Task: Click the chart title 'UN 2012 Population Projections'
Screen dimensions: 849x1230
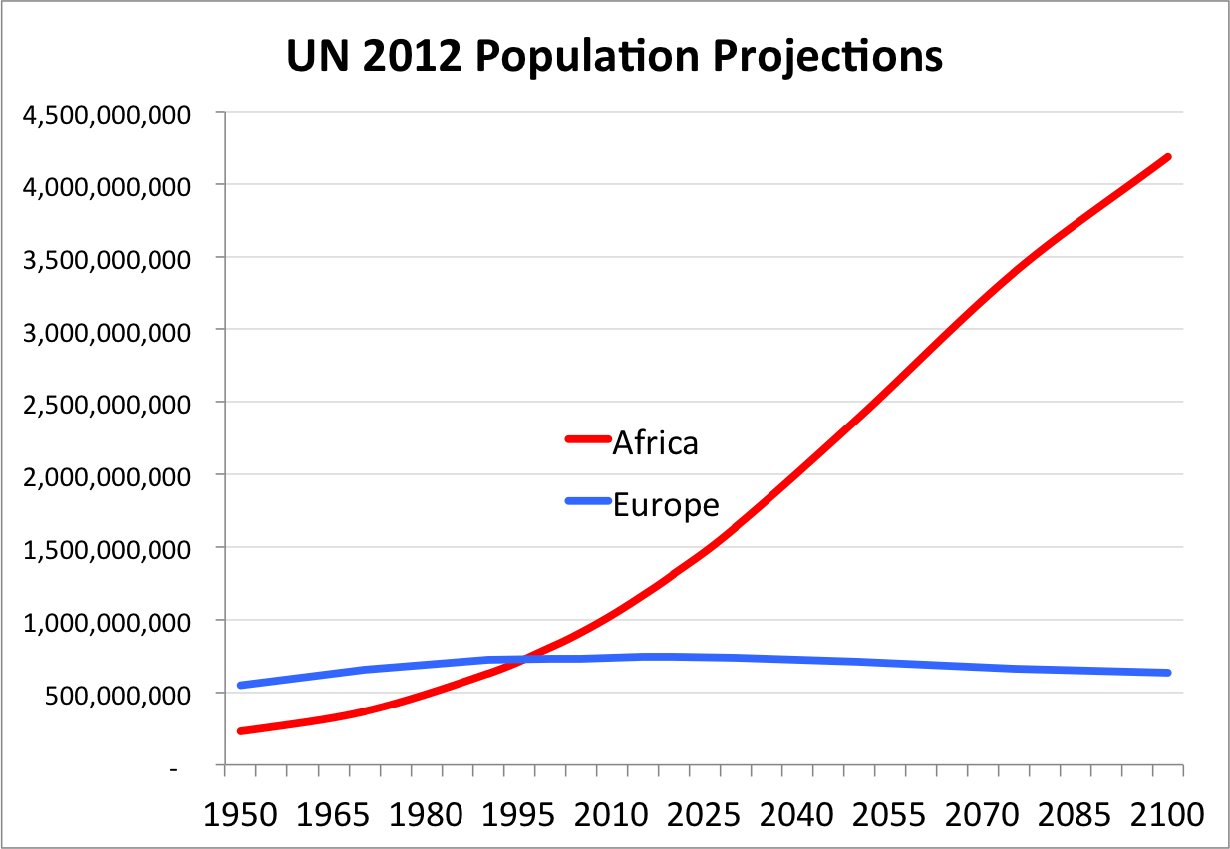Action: tap(614, 56)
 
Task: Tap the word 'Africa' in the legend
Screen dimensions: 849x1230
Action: tap(655, 441)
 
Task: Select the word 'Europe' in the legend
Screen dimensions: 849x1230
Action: tap(665, 504)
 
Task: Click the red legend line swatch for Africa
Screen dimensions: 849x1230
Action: tap(587, 439)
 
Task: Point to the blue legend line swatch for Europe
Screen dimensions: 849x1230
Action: tap(587, 501)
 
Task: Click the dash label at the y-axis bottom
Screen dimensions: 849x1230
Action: tap(174, 767)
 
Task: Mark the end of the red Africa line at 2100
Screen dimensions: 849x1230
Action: tap(1167, 157)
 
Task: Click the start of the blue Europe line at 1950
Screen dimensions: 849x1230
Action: tap(241, 686)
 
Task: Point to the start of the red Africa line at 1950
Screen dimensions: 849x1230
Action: tap(241, 731)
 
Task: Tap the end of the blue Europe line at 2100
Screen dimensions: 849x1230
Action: tap(1167, 673)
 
